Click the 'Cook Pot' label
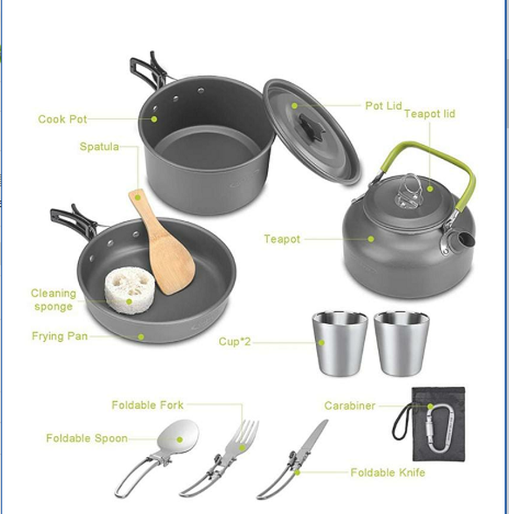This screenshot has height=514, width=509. click(x=62, y=119)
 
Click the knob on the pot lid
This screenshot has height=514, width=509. click(x=311, y=126)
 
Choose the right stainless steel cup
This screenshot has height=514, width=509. click(x=401, y=342)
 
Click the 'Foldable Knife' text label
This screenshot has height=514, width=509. click(x=387, y=472)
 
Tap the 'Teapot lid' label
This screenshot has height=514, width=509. click(x=429, y=114)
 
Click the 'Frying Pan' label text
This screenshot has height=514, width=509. click(x=60, y=336)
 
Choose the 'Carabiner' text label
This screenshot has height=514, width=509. click(x=350, y=406)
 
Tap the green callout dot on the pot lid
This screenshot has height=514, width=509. click(x=295, y=105)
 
